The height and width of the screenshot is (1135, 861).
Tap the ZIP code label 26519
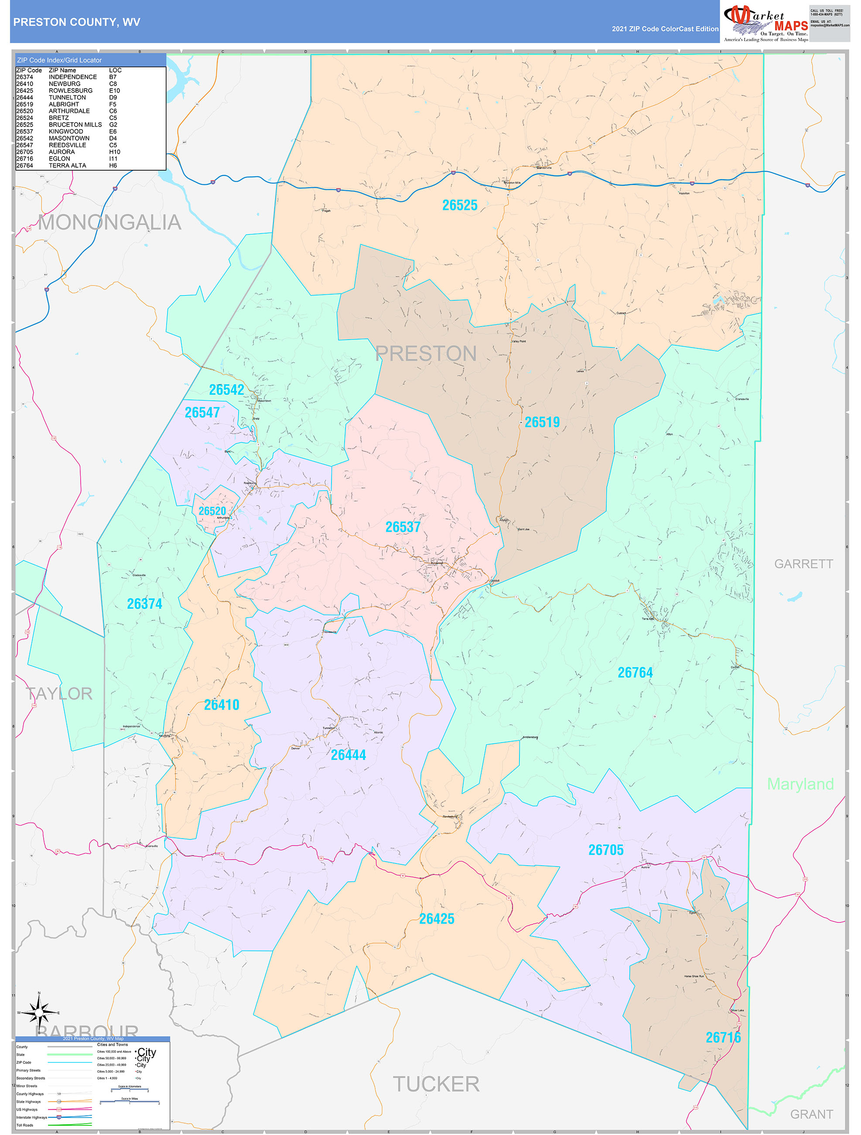(x=542, y=422)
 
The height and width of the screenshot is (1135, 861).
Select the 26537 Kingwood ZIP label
(x=403, y=527)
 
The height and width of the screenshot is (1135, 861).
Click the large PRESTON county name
(x=426, y=354)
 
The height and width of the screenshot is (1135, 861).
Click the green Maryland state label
(x=800, y=784)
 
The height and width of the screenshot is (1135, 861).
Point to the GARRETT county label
(x=803, y=564)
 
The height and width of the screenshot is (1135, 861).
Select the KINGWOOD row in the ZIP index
(x=65, y=131)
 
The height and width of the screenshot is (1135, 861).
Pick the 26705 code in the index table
(x=24, y=152)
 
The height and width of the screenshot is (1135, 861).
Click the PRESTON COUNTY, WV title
(x=76, y=22)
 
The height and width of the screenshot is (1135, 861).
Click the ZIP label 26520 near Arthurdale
(x=212, y=511)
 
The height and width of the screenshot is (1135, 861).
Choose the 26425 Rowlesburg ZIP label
(x=437, y=918)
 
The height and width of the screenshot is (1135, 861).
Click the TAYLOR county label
(x=59, y=694)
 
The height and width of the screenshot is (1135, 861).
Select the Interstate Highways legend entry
(x=32, y=1117)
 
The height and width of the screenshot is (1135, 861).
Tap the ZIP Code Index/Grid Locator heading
(x=59, y=60)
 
